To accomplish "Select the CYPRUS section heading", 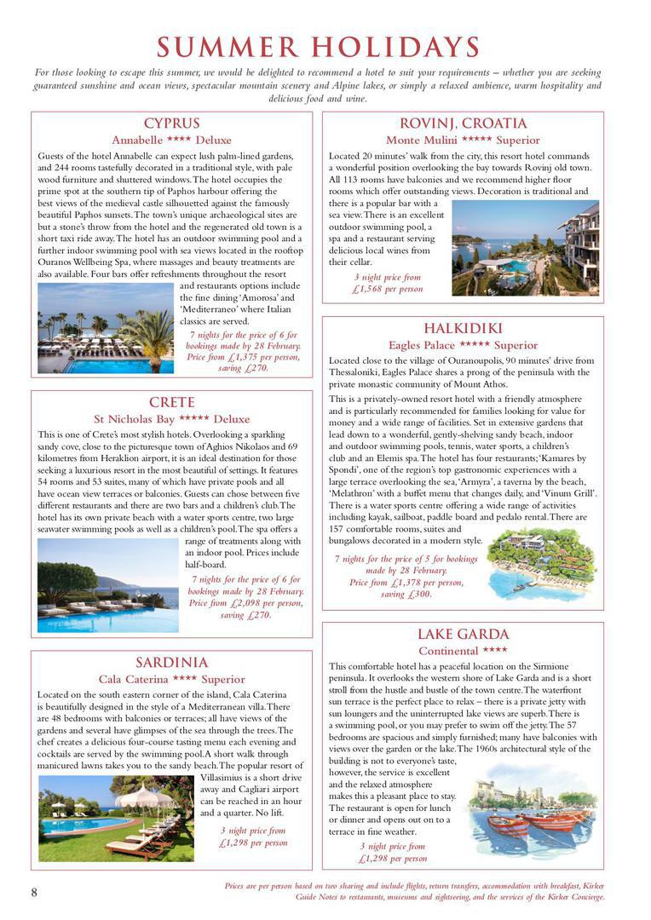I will pyautogui.click(x=171, y=124).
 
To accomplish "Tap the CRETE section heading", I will pyautogui.click(x=171, y=402).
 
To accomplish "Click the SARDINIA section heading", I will pyautogui.click(x=171, y=662).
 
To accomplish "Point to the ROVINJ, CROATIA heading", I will pyautogui.click(x=463, y=124).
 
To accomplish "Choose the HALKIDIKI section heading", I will pyautogui.click(x=463, y=328).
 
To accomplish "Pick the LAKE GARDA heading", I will pyautogui.click(x=463, y=634).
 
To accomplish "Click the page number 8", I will pyautogui.click(x=34, y=892).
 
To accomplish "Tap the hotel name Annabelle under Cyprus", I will pyautogui.click(x=140, y=140).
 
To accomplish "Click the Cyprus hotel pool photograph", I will pyautogui.click(x=106, y=328).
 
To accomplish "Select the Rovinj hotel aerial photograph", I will pyautogui.click(x=525, y=248).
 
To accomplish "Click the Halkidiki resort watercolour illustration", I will pyautogui.click(x=542, y=563).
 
